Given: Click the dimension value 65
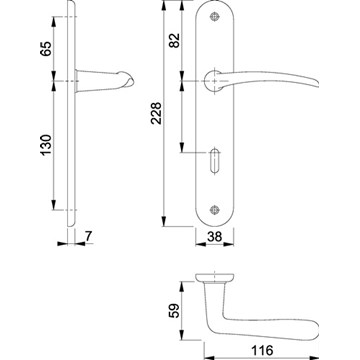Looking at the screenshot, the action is pos(46,49).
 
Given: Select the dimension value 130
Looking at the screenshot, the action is pos(46,145).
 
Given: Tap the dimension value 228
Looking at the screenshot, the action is pos(156,113).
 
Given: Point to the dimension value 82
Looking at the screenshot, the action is pos(174,40).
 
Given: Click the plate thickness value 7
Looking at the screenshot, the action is pos(88,236).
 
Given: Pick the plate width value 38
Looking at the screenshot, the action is pos(214,237).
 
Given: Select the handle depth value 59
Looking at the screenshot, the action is pos(174,310).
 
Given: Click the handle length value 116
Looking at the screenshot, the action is pos(262,350).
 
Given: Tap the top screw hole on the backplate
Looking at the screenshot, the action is pos(214,16).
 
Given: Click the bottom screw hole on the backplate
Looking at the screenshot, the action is pos(214,210).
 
